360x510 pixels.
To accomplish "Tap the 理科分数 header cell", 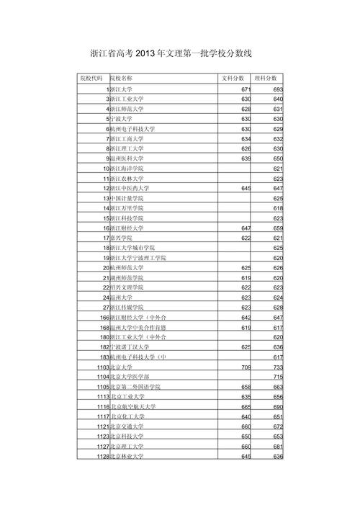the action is pos(268,77).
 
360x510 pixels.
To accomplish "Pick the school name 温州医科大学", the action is pos(127,158).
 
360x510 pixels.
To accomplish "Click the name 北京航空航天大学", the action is pos(133,407).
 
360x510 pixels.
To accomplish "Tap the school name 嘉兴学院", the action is pos(122,238).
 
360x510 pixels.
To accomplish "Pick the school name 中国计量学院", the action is pos(127,198).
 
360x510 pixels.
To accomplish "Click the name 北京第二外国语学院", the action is pos(136,387).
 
